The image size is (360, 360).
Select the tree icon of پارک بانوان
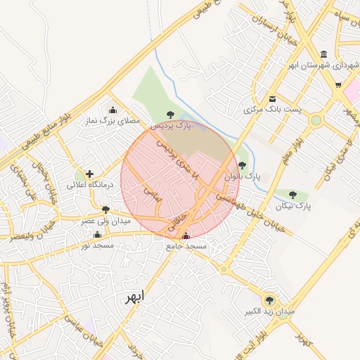point(242,165)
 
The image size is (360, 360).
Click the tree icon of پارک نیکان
point(293,195)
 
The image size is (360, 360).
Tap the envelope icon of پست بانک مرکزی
point(272,98)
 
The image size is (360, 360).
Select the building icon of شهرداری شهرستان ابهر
point(323,55)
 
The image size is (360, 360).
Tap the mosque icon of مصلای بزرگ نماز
point(113,110)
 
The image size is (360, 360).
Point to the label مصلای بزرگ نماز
point(113,121)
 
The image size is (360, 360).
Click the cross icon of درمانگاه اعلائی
point(89,174)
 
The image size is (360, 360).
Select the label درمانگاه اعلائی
point(86,186)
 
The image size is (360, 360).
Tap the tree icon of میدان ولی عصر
point(105,210)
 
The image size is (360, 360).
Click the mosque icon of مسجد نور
point(97,235)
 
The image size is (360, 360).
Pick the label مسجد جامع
point(186,247)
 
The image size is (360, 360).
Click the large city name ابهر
point(134,297)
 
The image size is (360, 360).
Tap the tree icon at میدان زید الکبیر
point(269,300)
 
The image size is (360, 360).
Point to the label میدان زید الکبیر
point(269,311)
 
